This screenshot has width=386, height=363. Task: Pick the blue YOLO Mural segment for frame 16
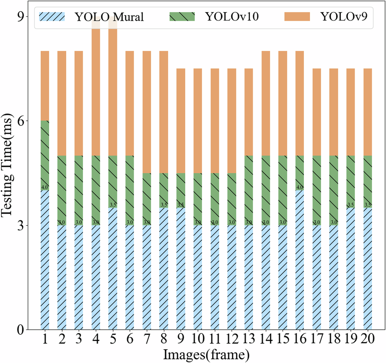point(299,260)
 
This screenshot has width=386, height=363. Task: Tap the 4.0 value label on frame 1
point(45,187)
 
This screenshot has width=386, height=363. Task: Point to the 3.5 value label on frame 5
point(113,204)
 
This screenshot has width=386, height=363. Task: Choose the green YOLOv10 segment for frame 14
point(265,190)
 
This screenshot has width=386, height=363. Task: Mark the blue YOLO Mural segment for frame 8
point(164,269)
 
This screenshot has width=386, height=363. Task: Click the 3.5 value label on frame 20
point(367,204)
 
